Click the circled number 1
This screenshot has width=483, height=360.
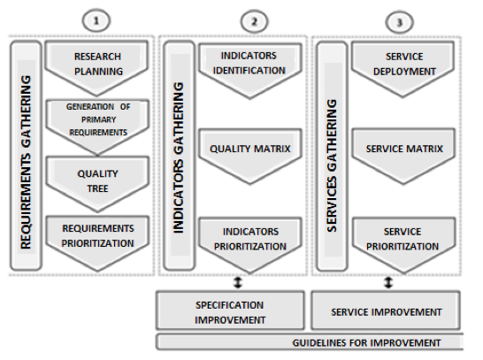click(96, 21)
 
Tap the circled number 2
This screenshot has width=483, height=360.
click(254, 22)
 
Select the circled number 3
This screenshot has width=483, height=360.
click(399, 22)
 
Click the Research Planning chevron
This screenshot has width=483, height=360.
click(96, 67)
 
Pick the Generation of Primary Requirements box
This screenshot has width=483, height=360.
click(97, 126)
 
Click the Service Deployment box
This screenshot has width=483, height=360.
click(402, 69)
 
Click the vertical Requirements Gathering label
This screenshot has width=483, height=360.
click(26, 162)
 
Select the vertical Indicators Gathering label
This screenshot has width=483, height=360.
click(179, 157)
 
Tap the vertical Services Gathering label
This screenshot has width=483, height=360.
click(332, 165)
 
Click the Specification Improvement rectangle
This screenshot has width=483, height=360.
click(230, 310)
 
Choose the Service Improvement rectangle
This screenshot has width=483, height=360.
click(386, 310)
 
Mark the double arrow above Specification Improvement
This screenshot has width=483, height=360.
click(238, 282)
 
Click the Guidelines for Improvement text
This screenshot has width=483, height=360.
click(366, 343)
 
